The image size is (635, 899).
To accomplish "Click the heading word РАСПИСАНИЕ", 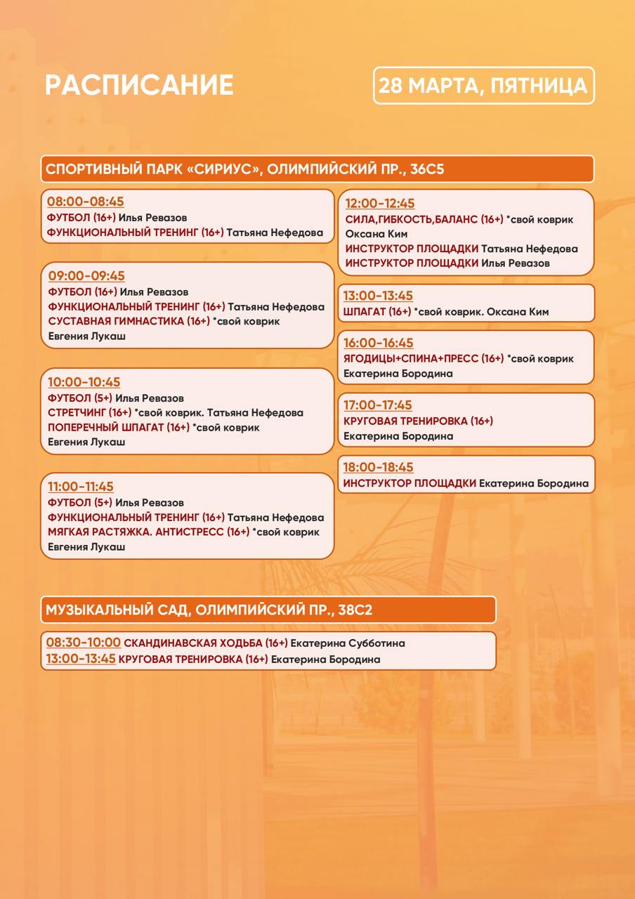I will [x=139, y=85].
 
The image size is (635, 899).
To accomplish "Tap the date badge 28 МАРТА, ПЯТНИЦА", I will [x=483, y=86].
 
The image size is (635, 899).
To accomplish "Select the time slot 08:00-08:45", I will [x=86, y=202].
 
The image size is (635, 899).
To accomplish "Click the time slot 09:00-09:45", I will [x=86, y=276].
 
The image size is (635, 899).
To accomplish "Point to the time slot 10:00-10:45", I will [x=84, y=382].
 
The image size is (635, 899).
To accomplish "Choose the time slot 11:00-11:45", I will [x=81, y=487].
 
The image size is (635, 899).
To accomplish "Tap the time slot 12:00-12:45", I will [x=380, y=204].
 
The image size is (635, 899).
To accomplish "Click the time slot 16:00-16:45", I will [x=379, y=343].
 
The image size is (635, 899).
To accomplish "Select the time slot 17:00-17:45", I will [x=378, y=405].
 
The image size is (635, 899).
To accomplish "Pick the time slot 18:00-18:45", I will [x=379, y=467].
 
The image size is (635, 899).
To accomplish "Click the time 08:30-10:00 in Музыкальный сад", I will [x=84, y=643].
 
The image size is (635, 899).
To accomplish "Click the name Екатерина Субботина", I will [x=348, y=643].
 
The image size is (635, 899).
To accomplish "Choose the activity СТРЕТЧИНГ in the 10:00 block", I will [x=77, y=412].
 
